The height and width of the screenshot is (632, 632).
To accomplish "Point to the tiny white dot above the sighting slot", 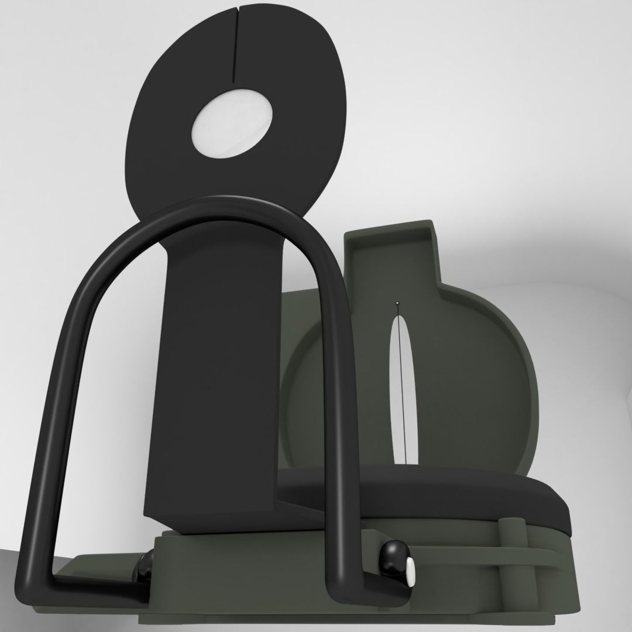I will (397, 303).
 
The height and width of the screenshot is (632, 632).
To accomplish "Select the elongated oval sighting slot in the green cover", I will (402, 386).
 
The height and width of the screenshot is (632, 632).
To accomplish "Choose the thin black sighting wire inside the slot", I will (403, 398).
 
